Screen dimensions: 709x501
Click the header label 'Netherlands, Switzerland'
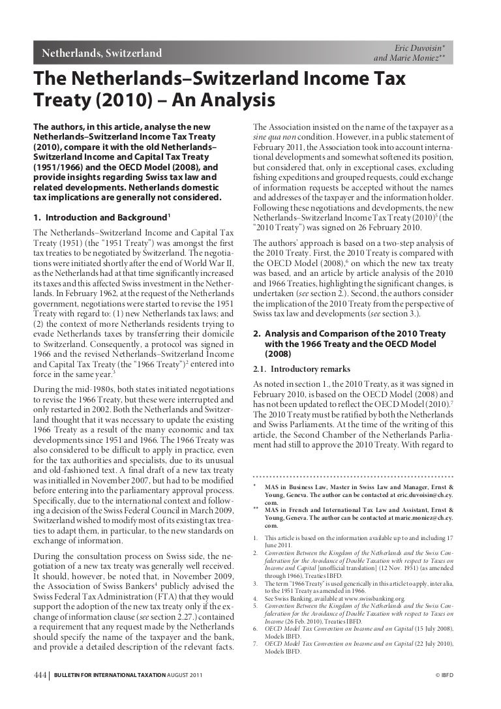point(102,53)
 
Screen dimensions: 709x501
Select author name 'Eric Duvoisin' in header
point(420,48)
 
